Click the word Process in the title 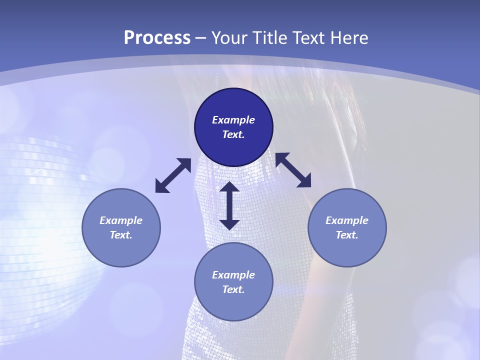pos(157,37)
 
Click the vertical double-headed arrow pos(229,206)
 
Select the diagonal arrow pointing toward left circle pos(173,175)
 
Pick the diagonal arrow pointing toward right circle pos(293,170)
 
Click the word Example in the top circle pos(233,120)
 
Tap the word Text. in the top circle pos(233,134)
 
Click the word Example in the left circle pos(121,220)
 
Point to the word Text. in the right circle pos(347,235)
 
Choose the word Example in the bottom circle pos(233,275)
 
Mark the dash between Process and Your pos(200,38)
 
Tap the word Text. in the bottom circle pos(233,289)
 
